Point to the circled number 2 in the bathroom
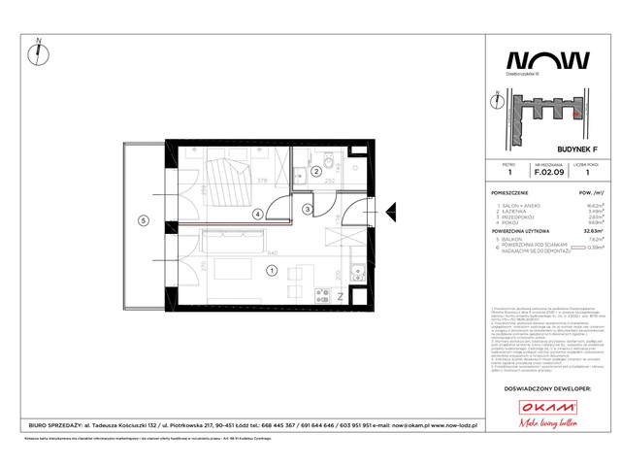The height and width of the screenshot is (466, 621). tap(315, 172)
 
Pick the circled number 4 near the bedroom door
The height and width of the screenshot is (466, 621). tap(258, 215)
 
